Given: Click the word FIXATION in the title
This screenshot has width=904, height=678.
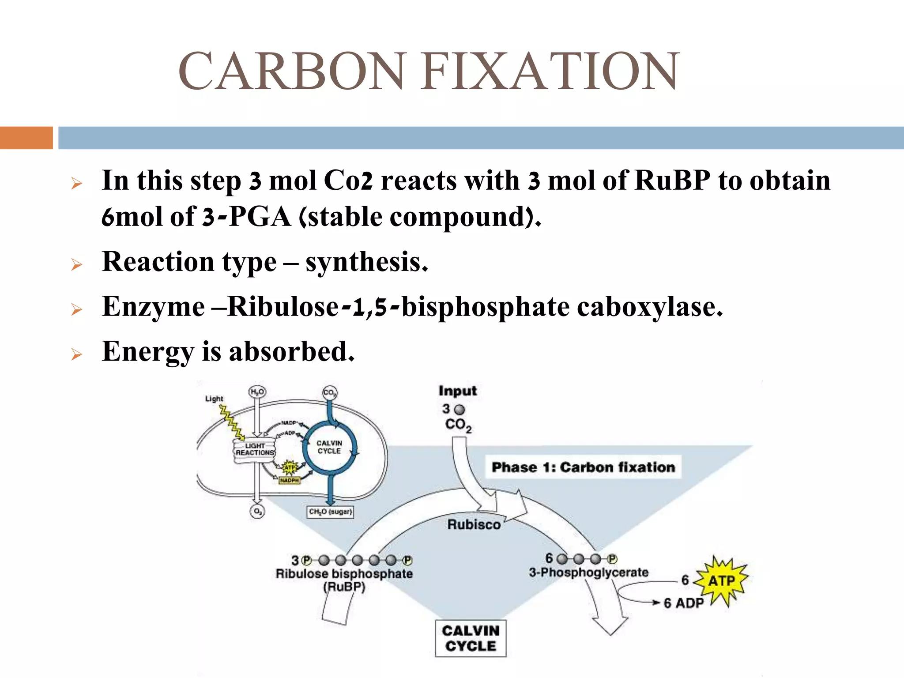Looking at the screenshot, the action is click(x=550, y=72).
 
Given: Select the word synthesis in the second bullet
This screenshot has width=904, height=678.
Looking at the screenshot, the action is click(x=366, y=262).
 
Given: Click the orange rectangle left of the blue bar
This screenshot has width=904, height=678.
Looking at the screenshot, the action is click(x=26, y=138).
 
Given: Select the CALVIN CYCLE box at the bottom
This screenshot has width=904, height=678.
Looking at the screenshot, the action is click(x=471, y=638).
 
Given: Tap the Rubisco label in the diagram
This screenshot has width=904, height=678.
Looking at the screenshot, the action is click(x=474, y=524).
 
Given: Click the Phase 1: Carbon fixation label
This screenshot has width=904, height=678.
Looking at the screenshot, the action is click(x=583, y=467).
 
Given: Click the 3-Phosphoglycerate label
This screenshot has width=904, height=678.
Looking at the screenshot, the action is click(x=588, y=573).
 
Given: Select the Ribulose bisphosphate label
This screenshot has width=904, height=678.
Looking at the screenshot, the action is click(x=344, y=574).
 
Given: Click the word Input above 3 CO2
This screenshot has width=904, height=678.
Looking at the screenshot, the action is click(x=457, y=391).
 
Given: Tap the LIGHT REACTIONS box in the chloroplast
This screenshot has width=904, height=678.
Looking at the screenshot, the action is click(x=255, y=450).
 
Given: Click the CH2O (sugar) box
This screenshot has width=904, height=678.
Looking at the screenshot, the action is click(x=330, y=512).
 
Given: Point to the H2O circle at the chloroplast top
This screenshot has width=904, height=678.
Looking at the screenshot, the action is click(x=257, y=392).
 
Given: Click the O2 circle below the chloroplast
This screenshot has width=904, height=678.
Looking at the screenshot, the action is click(x=257, y=512).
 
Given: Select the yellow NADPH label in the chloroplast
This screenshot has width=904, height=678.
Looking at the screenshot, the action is click(x=290, y=480).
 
